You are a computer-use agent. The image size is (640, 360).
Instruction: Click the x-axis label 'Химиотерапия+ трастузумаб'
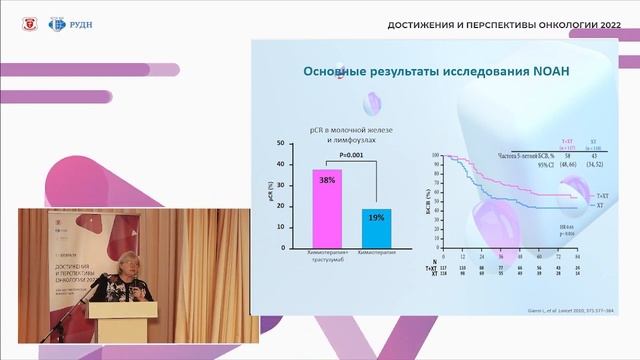pos(327,259)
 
